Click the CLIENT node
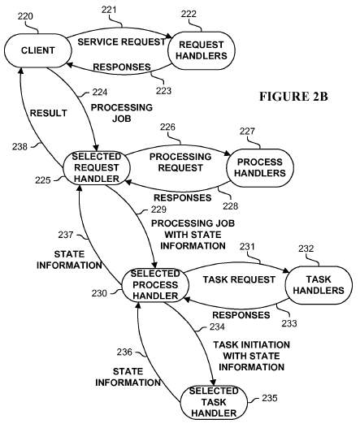click(38, 50)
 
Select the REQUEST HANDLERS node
click(202, 50)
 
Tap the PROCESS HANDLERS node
click(260, 167)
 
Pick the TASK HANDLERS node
click(319, 285)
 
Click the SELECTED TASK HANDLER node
click(214, 403)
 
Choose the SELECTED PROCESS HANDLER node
click(155, 285)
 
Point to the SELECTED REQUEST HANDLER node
click(97, 167)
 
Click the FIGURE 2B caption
click(293, 97)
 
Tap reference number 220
click(25, 16)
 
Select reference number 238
click(20, 147)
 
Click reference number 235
click(270, 398)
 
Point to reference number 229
click(158, 210)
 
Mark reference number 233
click(289, 323)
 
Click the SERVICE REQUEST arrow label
click(122, 41)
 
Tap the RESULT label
click(48, 113)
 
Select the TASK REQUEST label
click(239, 279)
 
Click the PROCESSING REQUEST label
click(180, 162)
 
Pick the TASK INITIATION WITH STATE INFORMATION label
click(252, 356)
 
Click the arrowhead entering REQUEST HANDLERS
click(169, 37)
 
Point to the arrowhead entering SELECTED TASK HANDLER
click(214, 383)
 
